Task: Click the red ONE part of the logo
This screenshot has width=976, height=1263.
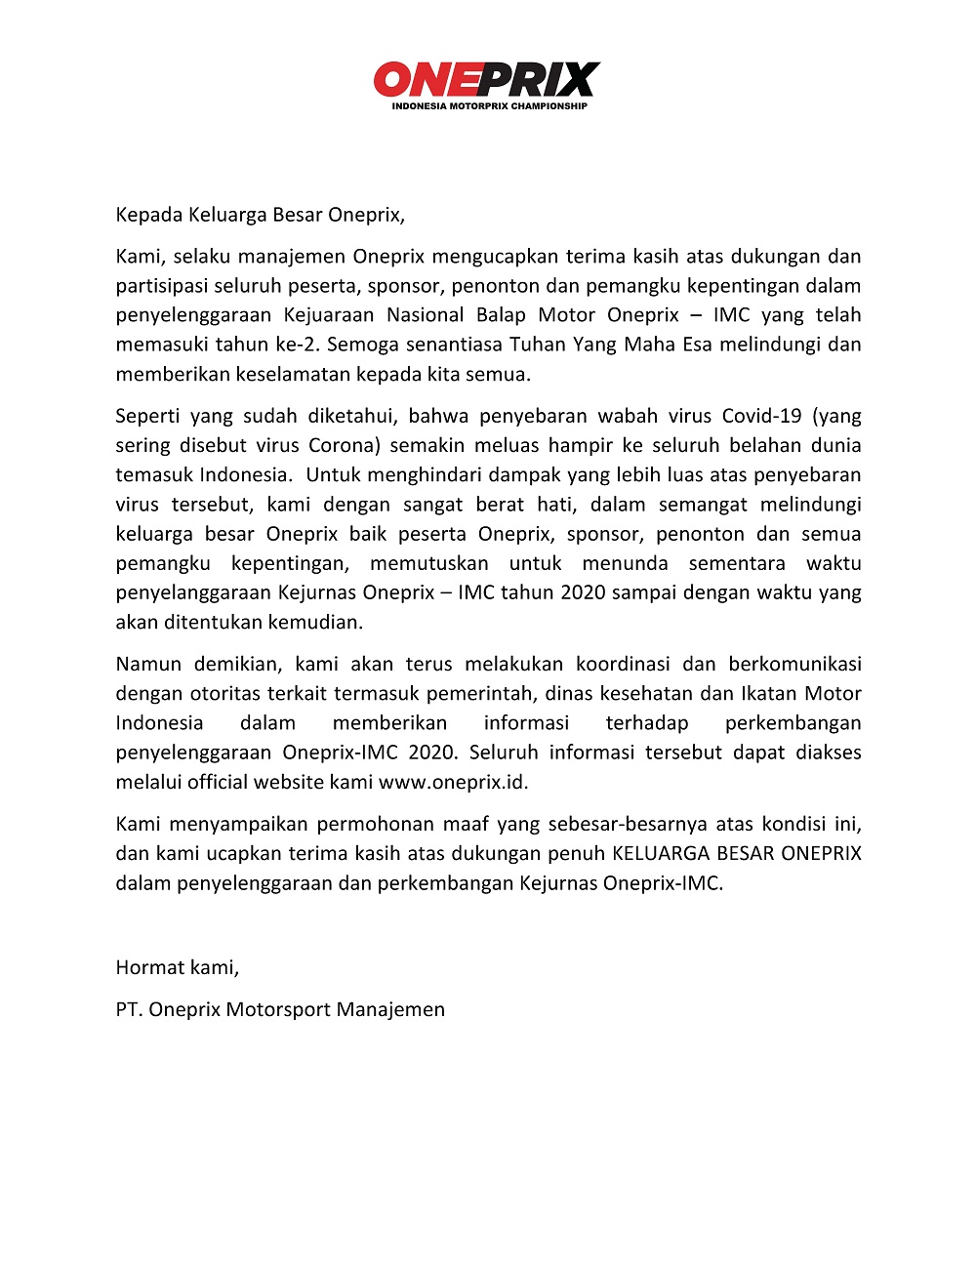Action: (423, 79)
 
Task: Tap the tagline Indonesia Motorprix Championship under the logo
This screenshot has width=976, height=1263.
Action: (489, 105)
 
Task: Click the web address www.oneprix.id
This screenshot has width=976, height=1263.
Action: (453, 782)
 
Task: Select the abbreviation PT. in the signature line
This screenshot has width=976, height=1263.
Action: (129, 1009)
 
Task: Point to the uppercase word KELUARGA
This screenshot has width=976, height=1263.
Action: (661, 853)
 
